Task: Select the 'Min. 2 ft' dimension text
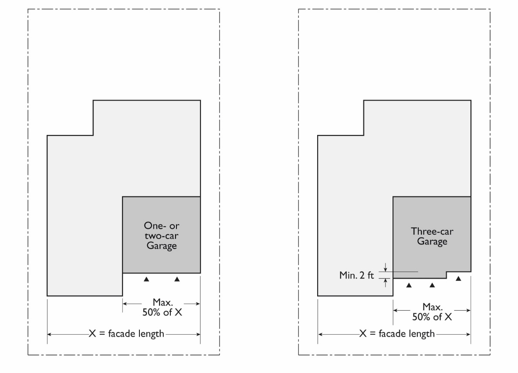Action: click(x=357, y=275)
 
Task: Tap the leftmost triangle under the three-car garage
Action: click(x=409, y=286)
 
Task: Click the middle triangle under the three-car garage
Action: click(x=432, y=286)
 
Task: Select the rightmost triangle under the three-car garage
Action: click(x=458, y=279)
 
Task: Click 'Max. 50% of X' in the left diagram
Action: click(x=161, y=307)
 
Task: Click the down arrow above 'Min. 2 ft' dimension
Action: click(x=386, y=268)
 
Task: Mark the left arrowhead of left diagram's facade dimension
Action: click(x=50, y=334)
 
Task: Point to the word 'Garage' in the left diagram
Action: click(x=161, y=245)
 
